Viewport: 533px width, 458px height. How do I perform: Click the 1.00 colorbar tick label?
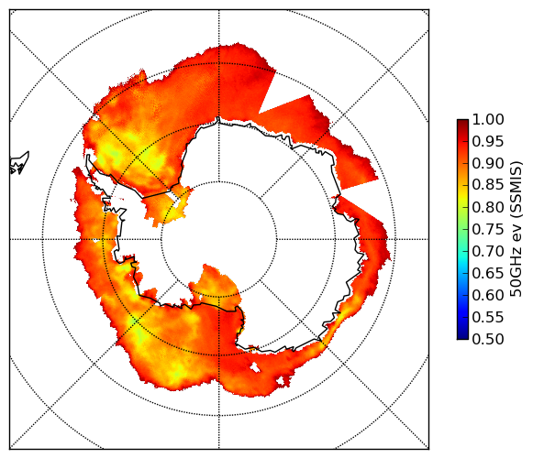click(x=488, y=119)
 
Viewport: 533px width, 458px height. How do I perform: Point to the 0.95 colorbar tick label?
click(x=488, y=142)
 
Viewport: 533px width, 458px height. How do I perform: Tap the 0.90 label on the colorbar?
click(x=488, y=163)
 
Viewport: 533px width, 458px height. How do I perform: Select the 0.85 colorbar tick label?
click(x=488, y=185)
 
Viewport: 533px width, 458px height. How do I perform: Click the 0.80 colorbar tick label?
click(x=488, y=207)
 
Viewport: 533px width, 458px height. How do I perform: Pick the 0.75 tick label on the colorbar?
click(x=488, y=229)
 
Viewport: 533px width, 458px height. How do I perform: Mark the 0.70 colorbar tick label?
click(x=488, y=251)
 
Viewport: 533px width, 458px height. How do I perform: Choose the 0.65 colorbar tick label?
click(x=488, y=273)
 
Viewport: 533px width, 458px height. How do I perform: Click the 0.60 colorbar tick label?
click(x=488, y=295)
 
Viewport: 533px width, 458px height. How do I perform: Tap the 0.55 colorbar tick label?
click(x=488, y=317)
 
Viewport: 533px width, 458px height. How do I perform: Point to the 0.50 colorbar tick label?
click(x=488, y=339)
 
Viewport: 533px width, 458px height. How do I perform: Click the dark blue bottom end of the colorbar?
click(x=462, y=336)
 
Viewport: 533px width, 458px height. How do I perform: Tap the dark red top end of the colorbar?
click(x=462, y=122)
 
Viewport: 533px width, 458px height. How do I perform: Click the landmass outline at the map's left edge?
click(x=19, y=163)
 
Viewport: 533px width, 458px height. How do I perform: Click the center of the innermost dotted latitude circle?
click(x=219, y=239)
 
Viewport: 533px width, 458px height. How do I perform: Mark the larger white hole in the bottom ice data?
click(x=254, y=367)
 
